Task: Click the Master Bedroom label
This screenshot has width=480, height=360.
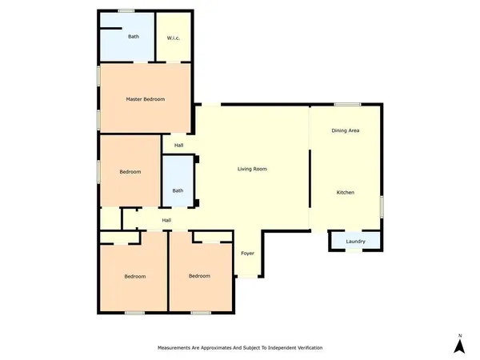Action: point(145,99)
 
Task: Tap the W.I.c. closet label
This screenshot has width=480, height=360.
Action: point(172,38)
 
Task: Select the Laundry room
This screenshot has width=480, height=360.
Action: point(355,242)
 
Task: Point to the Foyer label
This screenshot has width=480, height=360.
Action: point(247,254)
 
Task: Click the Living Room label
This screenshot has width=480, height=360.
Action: point(252,169)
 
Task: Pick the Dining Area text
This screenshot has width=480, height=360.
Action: point(345,130)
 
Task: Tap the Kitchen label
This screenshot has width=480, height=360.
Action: point(345,193)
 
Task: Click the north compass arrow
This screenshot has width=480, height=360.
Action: point(459,346)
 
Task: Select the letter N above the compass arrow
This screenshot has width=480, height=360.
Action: point(459,334)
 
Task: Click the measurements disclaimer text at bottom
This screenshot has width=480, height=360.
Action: point(240,348)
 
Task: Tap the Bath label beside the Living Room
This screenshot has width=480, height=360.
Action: point(178,190)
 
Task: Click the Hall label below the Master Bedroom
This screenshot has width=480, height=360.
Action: point(178,146)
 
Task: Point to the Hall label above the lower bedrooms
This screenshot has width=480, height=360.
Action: point(166,220)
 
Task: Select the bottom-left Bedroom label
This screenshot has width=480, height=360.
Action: point(134,276)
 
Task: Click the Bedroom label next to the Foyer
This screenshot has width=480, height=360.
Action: point(199,276)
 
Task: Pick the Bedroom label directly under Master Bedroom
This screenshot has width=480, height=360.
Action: point(130,172)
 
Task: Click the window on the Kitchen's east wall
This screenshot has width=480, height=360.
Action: point(382,205)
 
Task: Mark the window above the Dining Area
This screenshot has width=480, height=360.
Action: point(346,105)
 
